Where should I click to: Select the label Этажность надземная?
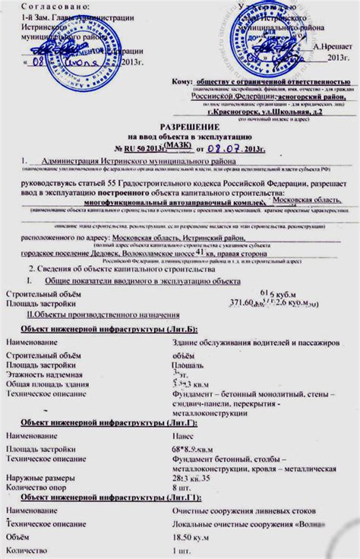pyautogui.click(x=45, y=374)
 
